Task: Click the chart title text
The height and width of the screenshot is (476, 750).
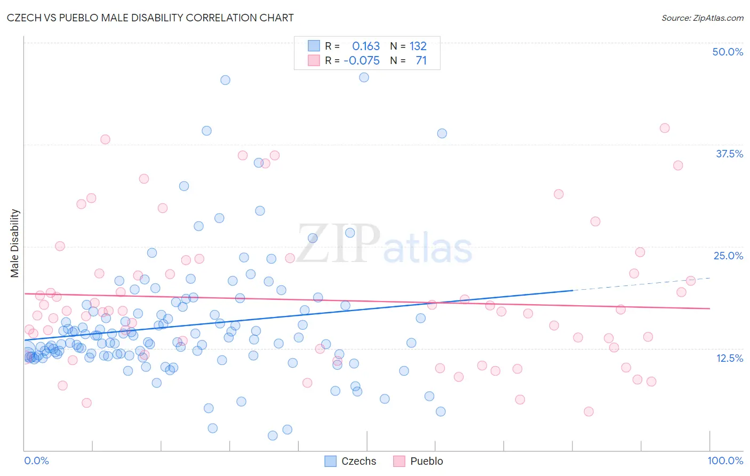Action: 150,18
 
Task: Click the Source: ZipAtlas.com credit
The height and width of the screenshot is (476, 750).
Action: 702,18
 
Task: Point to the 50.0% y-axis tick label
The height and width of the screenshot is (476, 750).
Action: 728,52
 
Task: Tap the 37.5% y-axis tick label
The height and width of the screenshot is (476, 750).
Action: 729,154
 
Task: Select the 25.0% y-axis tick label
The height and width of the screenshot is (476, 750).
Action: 728,256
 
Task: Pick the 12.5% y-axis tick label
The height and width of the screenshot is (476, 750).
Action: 729,358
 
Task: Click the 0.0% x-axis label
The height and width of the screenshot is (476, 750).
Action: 36,461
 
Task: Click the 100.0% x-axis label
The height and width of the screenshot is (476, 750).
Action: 725,461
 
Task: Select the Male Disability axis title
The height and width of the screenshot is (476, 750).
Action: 15,243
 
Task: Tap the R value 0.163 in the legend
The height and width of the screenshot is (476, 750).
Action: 366,46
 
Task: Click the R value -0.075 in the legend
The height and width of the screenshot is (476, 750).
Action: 362,60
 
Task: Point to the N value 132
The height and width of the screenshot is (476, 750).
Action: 418,46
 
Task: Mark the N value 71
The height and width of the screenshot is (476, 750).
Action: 421,60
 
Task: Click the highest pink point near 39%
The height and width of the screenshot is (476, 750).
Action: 664,128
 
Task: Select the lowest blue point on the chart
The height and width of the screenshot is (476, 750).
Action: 273,435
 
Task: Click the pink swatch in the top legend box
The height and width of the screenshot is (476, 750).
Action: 314,60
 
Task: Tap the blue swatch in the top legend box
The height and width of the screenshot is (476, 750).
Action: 314,46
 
